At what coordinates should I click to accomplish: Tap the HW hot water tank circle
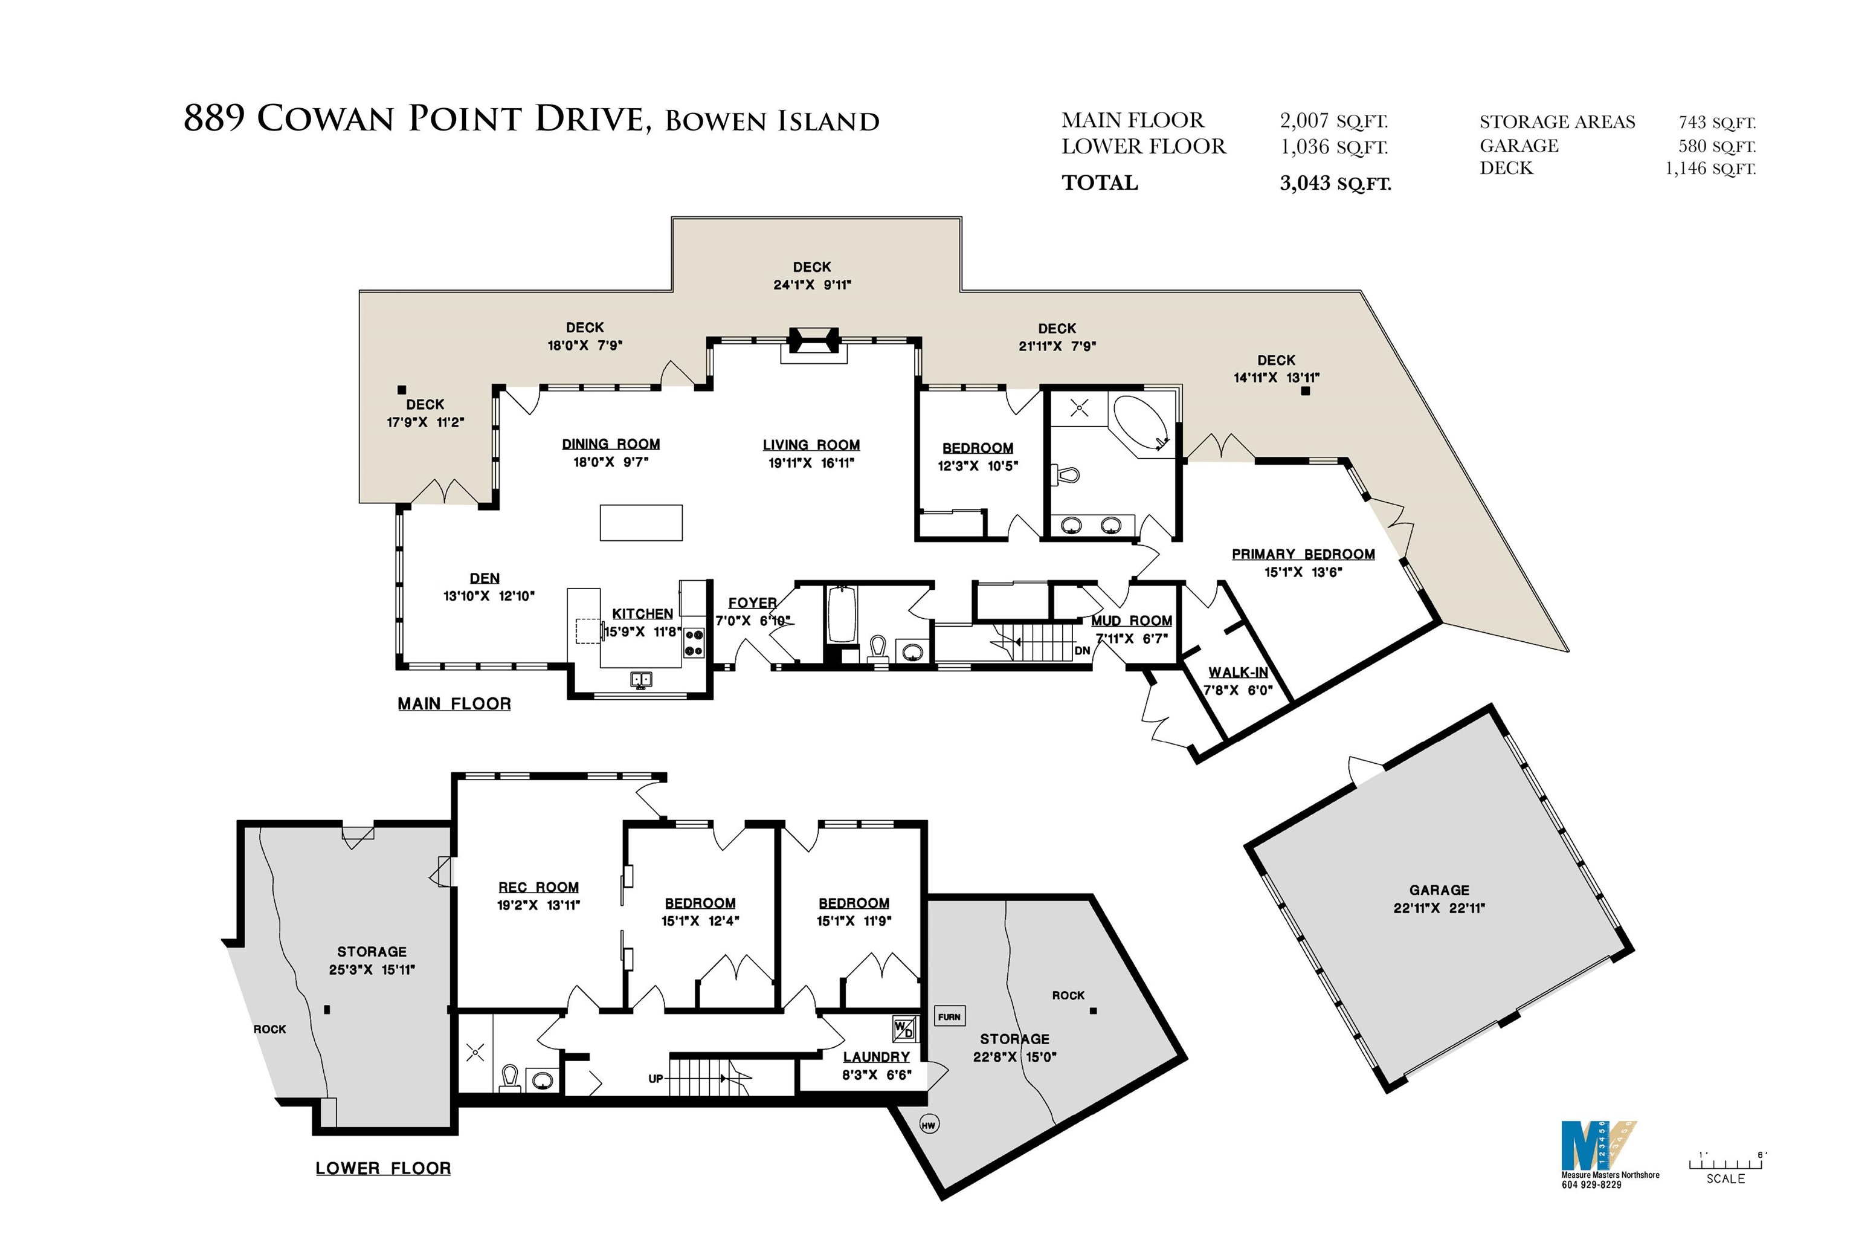tap(929, 1125)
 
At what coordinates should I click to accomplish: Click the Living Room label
tap(811, 445)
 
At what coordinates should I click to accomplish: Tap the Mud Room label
tap(1132, 621)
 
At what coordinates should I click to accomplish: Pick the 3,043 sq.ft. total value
tap(1335, 183)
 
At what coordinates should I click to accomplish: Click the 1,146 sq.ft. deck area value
tap(1710, 168)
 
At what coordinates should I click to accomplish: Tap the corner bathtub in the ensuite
tap(1141, 423)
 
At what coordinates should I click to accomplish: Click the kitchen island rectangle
tap(640, 522)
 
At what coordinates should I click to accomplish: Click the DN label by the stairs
tap(1082, 651)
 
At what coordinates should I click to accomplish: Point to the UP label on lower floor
tap(656, 1079)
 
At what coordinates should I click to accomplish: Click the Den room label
tap(485, 578)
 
